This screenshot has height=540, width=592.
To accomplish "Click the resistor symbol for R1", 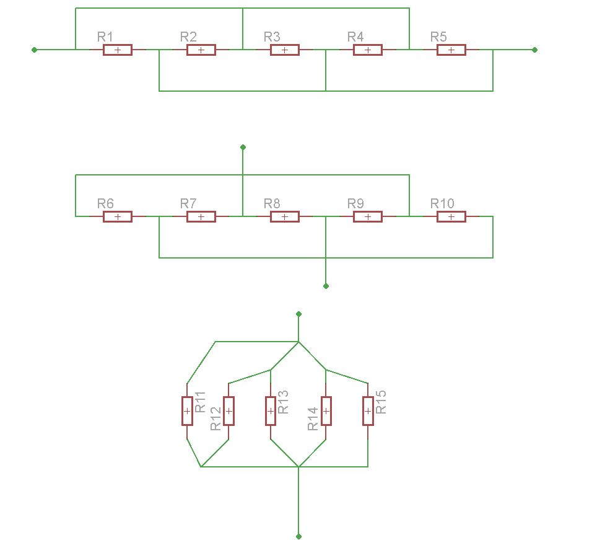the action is coord(118,50).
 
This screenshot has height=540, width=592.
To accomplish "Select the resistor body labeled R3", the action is coord(285,50).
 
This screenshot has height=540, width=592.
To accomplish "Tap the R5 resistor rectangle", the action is coord(451,50).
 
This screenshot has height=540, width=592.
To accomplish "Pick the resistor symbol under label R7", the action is coord(201,216).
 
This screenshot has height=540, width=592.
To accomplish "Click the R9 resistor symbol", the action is coord(368,216).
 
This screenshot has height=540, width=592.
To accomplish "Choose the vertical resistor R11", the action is coord(187,411).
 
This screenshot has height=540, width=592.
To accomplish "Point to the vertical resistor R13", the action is coord(271,411).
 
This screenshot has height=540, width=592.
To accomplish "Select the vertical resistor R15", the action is coord(368,411).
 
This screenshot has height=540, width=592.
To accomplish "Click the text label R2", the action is coord(188,37).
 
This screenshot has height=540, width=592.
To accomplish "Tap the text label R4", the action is coord(355,37).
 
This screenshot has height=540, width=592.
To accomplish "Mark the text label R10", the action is coord(442,204).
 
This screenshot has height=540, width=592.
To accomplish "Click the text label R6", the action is coord(105,204).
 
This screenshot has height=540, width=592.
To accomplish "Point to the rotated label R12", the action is coord(215,418).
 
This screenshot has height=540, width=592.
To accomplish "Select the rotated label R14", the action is coord(313,418).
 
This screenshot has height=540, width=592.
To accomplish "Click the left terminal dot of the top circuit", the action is coord(34,50).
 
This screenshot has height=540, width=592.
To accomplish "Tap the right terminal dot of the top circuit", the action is coord(534,50).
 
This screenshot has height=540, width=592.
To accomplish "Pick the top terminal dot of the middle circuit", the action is coord(243,147).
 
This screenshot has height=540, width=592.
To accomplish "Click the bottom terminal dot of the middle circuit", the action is coord(326,286).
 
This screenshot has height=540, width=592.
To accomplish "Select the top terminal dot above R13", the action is coord(298,314).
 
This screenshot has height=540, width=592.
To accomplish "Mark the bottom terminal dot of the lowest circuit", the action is coord(298,536).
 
